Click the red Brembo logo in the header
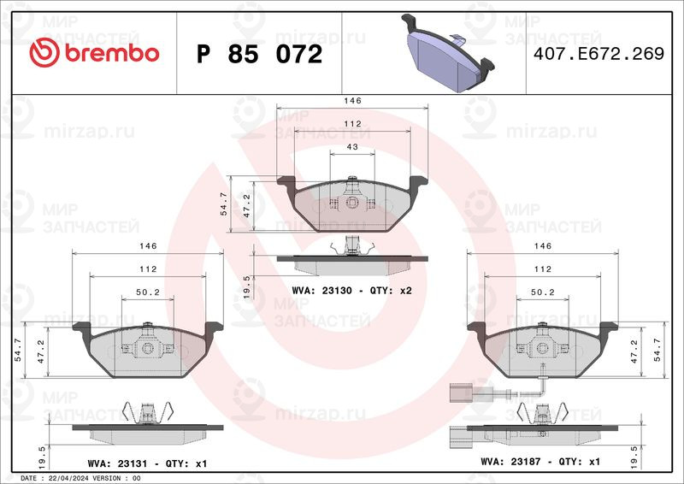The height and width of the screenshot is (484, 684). click(x=94, y=53)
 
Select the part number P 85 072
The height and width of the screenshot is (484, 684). click(x=260, y=54)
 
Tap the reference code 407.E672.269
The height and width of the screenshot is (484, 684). click(x=599, y=54)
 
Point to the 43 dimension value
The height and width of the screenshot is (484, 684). click(x=352, y=147)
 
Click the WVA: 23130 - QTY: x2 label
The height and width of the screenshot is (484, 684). click(x=351, y=291)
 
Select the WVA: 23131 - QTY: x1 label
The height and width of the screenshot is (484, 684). click(x=147, y=463)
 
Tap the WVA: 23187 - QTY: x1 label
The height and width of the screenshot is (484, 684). click(x=540, y=461)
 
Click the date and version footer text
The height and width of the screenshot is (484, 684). click(x=80, y=478)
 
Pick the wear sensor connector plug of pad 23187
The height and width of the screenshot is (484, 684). click(x=461, y=393)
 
